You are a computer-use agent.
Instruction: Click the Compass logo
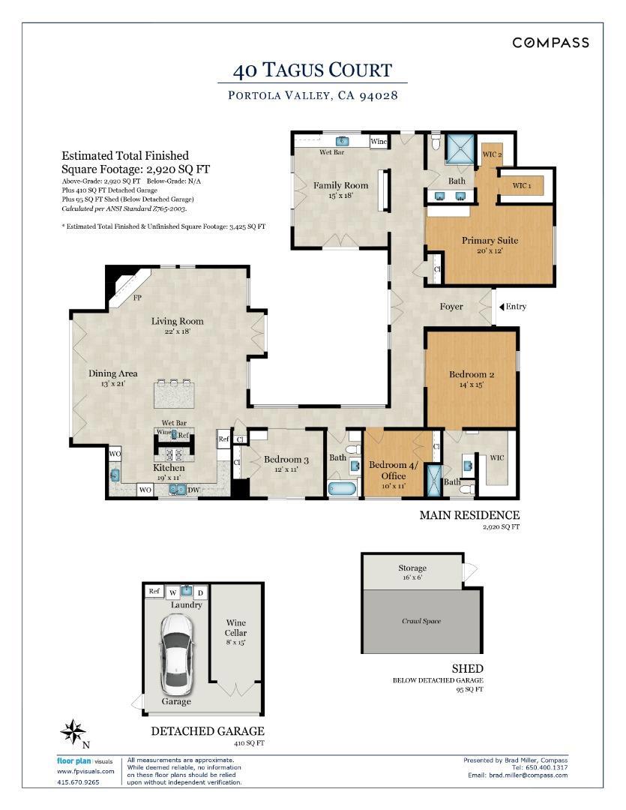(x=550, y=43)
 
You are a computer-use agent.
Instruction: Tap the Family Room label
(x=341, y=185)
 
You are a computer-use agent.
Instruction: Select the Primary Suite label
(x=490, y=241)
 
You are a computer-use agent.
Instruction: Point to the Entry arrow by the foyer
(x=502, y=307)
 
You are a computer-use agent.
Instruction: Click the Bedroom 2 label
(x=472, y=374)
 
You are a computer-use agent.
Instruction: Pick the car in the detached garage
(x=176, y=655)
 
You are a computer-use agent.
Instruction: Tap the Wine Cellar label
(x=235, y=628)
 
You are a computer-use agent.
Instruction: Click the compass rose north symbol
(x=73, y=731)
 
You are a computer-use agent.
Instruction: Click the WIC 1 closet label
(x=522, y=186)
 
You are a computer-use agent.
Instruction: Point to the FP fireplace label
(x=137, y=298)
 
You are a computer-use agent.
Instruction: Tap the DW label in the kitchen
(x=193, y=490)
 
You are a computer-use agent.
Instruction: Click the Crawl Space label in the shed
(x=421, y=621)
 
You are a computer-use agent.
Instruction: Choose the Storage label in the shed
(x=412, y=568)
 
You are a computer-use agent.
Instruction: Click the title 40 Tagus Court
(x=313, y=70)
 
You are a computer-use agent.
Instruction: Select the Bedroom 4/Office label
(x=394, y=470)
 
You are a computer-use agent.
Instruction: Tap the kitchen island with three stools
(x=174, y=394)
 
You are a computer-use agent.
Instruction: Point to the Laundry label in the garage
(x=187, y=605)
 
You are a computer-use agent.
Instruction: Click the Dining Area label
(x=113, y=373)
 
